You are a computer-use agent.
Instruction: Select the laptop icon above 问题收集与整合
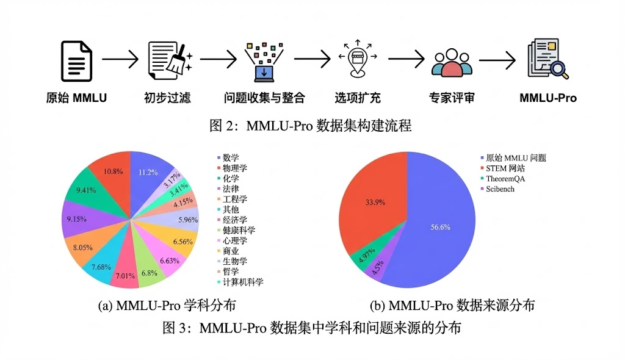point(264,61)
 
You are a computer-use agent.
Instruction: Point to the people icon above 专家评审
point(452,62)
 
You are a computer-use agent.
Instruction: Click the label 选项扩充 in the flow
point(358,98)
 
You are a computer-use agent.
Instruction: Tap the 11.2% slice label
point(148,172)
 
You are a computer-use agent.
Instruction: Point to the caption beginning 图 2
point(311,126)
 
